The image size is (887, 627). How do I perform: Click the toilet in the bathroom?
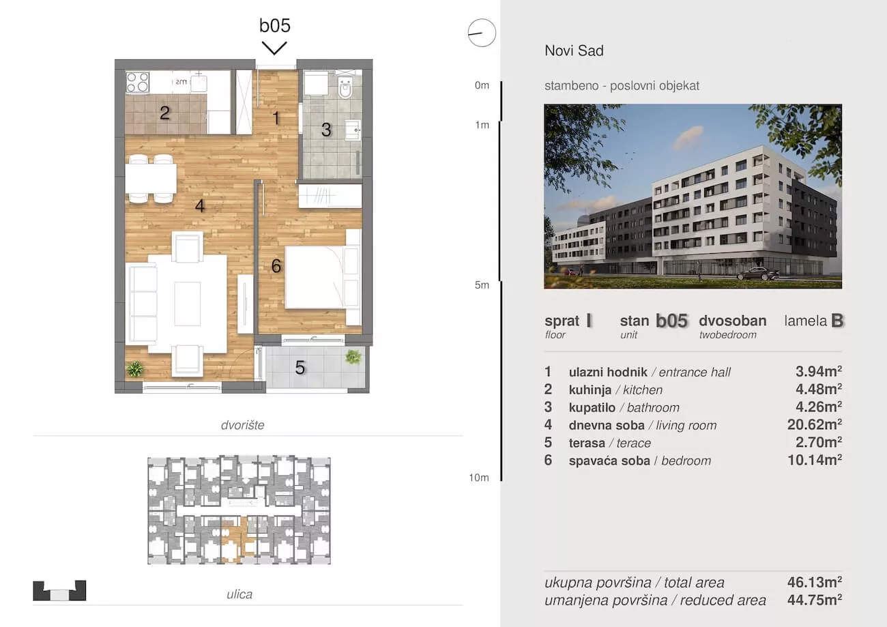(345, 87)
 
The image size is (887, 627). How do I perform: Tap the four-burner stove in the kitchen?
(137, 82)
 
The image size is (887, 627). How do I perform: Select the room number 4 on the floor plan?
(199, 206)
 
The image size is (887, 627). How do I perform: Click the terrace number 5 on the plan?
(300, 368)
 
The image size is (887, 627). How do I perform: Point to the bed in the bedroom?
(323, 277)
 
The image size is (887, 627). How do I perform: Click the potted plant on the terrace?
(353, 357)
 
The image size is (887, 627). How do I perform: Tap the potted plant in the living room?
(135, 369)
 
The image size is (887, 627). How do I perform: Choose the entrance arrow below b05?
(274, 48)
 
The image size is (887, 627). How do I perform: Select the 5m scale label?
(482, 285)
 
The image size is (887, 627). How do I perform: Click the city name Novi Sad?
(574, 50)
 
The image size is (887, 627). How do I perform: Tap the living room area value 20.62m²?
(815, 424)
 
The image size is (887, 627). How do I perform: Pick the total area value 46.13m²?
(815, 582)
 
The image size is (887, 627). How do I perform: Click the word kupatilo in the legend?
(592, 408)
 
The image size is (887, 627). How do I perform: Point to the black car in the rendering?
(758, 274)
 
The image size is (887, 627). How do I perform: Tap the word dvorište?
(242, 425)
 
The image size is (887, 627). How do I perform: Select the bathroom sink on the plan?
(353, 130)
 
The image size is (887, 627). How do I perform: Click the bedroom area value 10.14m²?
(815, 460)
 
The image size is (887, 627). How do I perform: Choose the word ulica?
(239, 594)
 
